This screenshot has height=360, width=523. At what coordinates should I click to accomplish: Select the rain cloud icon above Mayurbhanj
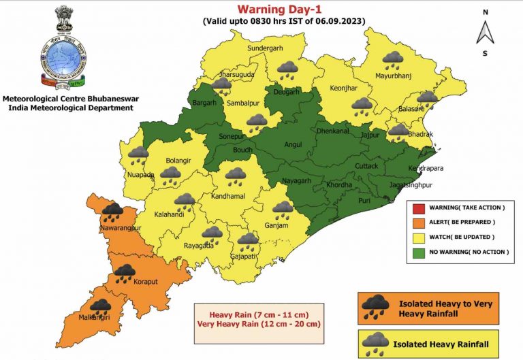point(393,59)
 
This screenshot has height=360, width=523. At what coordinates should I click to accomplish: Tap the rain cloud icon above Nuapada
point(138,154)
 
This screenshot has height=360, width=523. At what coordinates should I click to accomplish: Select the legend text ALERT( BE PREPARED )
point(460,222)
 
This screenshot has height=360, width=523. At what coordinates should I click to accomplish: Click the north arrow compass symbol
point(485,32)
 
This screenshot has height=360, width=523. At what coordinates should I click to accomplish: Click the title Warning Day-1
point(283,9)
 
